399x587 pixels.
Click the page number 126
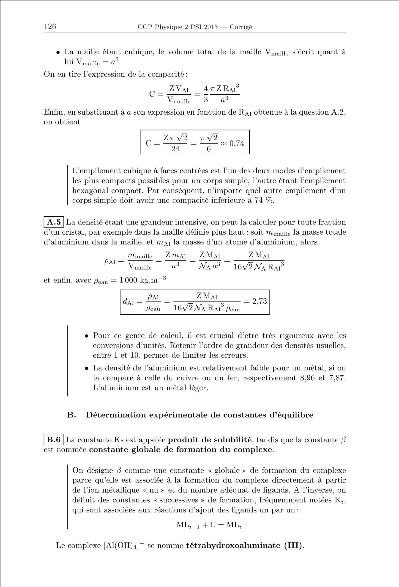pos(50,26)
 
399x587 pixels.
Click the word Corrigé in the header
pos(241,27)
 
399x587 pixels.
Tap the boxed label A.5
pos(54,222)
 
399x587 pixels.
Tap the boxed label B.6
pos(54,440)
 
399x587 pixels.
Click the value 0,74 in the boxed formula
pos(237,144)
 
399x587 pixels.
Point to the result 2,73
pos(260,301)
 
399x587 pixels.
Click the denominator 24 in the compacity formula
pos(175,149)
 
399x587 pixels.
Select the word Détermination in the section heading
pos(116,415)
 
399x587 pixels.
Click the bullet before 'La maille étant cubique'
pos(58,53)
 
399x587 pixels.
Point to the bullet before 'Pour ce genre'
pos(86,336)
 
